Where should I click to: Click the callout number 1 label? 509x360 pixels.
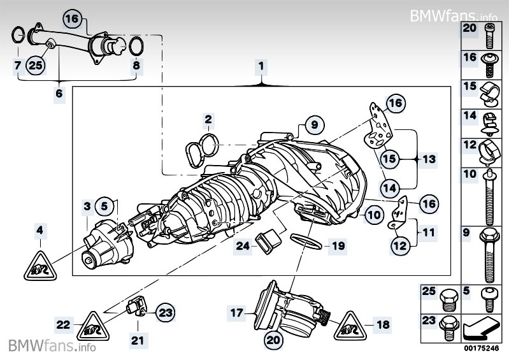(x=261, y=66)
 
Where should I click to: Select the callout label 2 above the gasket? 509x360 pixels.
(x=208, y=119)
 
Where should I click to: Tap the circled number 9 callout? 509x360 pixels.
(x=313, y=124)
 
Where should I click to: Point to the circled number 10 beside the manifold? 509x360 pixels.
(x=373, y=215)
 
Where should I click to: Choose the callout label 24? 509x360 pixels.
(x=243, y=244)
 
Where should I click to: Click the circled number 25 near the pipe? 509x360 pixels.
(x=36, y=64)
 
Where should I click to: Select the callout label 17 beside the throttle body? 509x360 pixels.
(x=236, y=313)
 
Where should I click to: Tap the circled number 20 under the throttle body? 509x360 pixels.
(x=273, y=341)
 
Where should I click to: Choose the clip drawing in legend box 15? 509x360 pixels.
(x=489, y=93)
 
